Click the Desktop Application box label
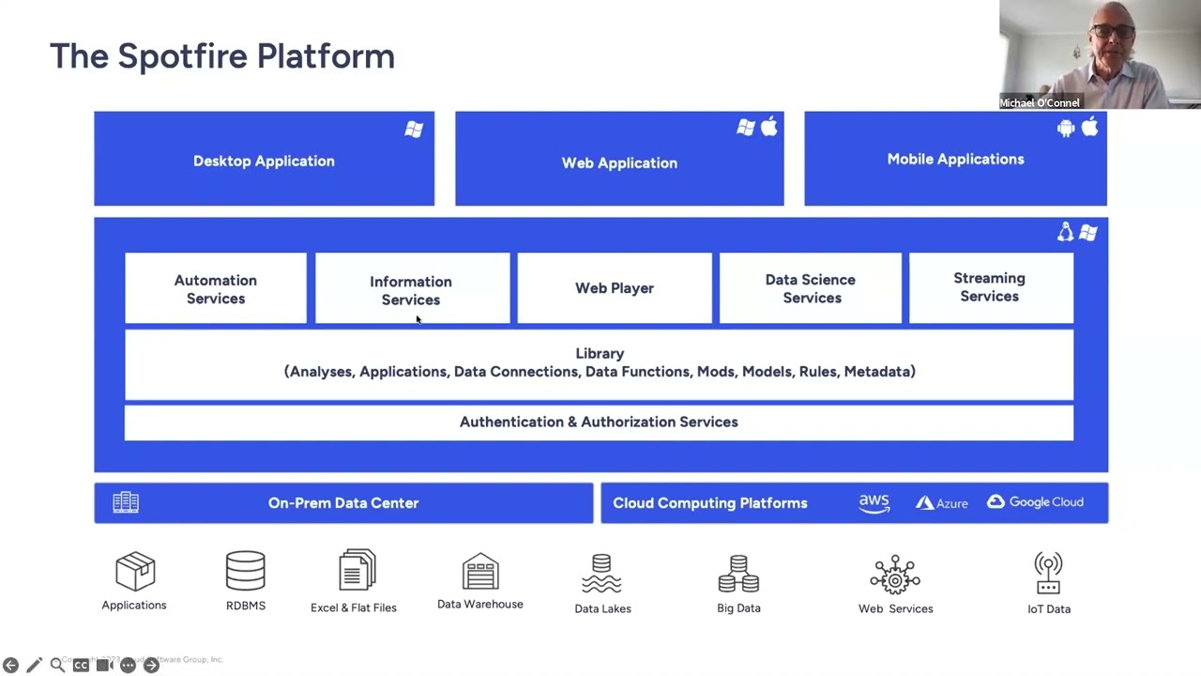pyautogui.click(x=264, y=161)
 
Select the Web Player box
pyautogui.click(x=615, y=288)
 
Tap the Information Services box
pyautogui.click(x=411, y=290)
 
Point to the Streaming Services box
pyautogui.click(x=989, y=287)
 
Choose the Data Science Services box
pyautogui.click(x=811, y=288)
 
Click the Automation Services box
pyautogui.click(x=215, y=289)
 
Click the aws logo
pyautogui.click(x=874, y=503)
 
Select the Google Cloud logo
pyautogui.click(x=1035, y=502)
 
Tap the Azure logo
pyautogui.click(x=941, y=503)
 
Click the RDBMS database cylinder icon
pyautogui.click(x=246, y=572)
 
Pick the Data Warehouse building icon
pyautogui.click(x=480, y=572)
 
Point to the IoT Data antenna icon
pyautogui.click(x=1048, y=574)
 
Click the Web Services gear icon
pyautogui.click(x=895, y=575)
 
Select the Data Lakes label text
pyautogui.click(x=602, y=608)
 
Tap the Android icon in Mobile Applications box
pyautogui.click(x=1065, y=129)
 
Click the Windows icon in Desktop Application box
pyautogui.click(x=414, y=130)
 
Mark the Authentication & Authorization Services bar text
pyautogui.click(x=599, y=422)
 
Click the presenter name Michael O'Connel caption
pyautogui.click(x=1040, y=103)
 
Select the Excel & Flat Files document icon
pyautogui.click(x=357, y=571)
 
